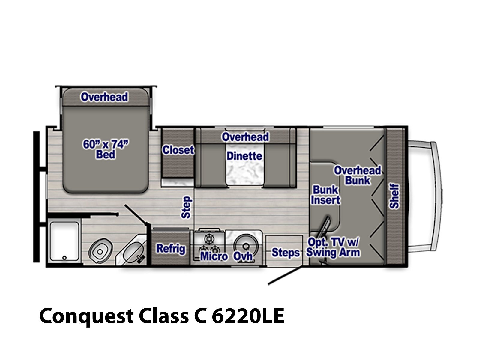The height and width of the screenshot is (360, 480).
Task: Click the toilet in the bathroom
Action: pos(100,251)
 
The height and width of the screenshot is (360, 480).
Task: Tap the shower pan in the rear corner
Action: pos(64,241)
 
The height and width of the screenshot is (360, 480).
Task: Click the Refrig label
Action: pos(171,249)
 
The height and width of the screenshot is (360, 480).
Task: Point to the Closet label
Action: pos(178,150)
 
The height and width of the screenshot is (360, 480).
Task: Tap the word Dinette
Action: pos(244,156)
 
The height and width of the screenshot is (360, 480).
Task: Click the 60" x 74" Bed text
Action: pos(106,149)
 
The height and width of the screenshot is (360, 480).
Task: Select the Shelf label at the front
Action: pos(394,196)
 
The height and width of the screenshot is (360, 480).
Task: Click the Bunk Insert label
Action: pos(325,195)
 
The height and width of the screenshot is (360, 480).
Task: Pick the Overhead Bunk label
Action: pos(358,175)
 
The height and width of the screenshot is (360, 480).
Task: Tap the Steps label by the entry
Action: pos(285,253)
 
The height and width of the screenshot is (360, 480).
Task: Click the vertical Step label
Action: pos(187,207)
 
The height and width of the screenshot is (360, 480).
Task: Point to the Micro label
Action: pos(214,256)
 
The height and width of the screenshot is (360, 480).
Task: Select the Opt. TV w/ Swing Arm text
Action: pos(333,248)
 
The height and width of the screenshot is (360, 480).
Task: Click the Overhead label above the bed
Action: pos(104,97)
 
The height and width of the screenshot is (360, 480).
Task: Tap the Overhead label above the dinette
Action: pos(245,137)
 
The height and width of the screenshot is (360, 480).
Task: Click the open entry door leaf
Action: pos(285,275)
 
